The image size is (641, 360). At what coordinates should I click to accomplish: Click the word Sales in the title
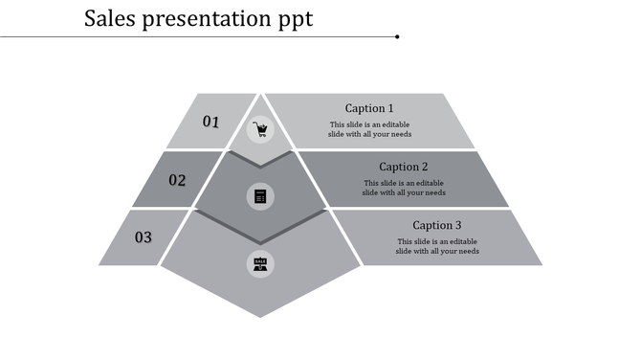point(110,18)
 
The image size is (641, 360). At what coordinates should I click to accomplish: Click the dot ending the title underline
point(397,37)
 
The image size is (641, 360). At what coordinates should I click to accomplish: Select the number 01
point(211,122)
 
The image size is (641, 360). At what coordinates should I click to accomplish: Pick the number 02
point(177,179)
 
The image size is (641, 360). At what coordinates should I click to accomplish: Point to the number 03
point(143,236)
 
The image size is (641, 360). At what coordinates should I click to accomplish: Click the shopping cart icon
point(259,129)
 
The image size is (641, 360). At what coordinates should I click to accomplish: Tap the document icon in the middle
point(259,196)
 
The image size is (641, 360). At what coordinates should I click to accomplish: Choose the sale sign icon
point(259,263)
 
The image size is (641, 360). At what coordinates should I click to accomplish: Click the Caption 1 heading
point(369,108)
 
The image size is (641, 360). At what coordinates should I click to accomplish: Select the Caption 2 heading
point(403,167)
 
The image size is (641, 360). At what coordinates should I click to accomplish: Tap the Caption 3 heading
point(437,225)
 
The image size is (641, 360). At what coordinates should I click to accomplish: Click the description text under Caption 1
point(369,129)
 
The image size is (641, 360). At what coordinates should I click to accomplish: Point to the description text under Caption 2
point(403,188)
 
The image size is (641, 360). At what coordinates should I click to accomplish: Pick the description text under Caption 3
point(437,246)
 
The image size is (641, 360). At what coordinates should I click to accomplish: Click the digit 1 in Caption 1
point(390,108)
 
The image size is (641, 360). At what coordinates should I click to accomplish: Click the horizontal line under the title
point(191,37)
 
